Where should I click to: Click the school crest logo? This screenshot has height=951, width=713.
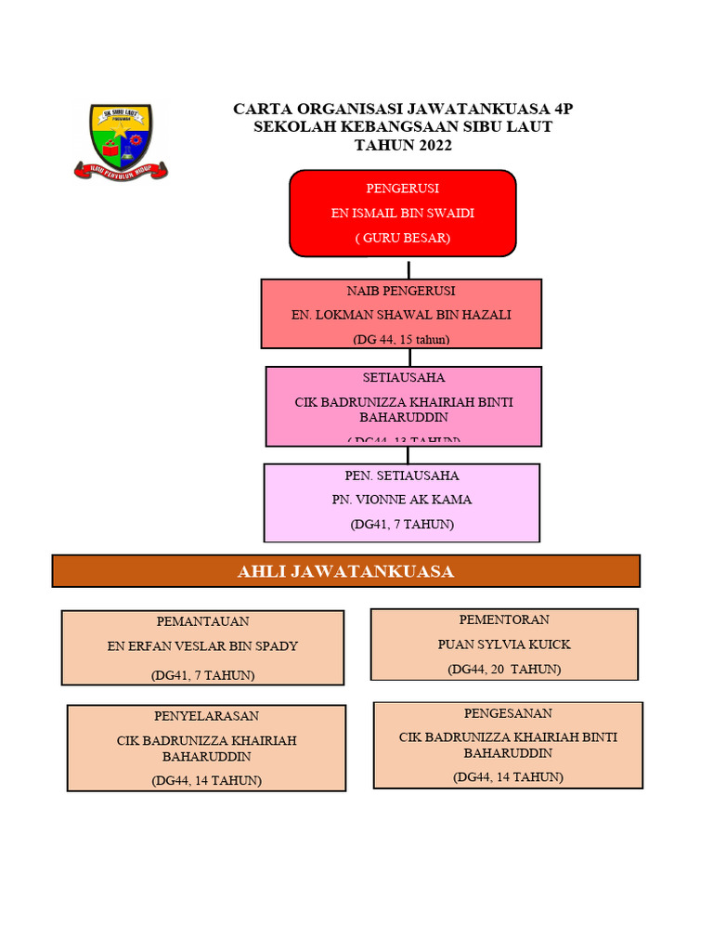(x=121, y=140)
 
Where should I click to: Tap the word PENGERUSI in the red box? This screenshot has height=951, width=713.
(x=402, y=189)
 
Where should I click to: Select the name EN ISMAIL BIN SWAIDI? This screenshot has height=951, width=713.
(x=402, y=213)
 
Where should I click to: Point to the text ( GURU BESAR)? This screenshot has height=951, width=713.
(x=402, y=238)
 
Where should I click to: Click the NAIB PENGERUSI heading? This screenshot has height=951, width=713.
(x=401, y=291)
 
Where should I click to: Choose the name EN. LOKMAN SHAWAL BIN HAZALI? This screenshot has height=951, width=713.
(x=401, y=315)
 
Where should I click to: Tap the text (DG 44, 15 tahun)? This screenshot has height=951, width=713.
(x=401, y=339)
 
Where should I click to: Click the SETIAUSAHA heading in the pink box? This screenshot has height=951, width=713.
(x=403, y=378)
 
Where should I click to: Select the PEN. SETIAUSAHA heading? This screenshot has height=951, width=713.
(x=402, y=475)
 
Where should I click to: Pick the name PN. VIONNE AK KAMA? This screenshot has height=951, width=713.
(x=402, y=500)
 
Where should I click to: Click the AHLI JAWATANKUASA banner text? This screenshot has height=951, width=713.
(x=345, y=571)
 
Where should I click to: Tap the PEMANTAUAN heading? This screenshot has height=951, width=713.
(x=202, y=621)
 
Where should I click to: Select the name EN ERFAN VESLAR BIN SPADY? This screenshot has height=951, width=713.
(x=202, y=646)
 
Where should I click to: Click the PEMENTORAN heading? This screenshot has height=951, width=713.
(x=504, y=619)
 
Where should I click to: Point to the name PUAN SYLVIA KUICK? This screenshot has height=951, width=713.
(x=504, y=645)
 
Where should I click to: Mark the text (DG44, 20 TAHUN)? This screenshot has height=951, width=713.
(x=504, y=669)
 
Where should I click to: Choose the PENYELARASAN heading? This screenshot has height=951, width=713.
(x=206, y=716)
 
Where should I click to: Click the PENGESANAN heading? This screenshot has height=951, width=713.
(x=508, y=713)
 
